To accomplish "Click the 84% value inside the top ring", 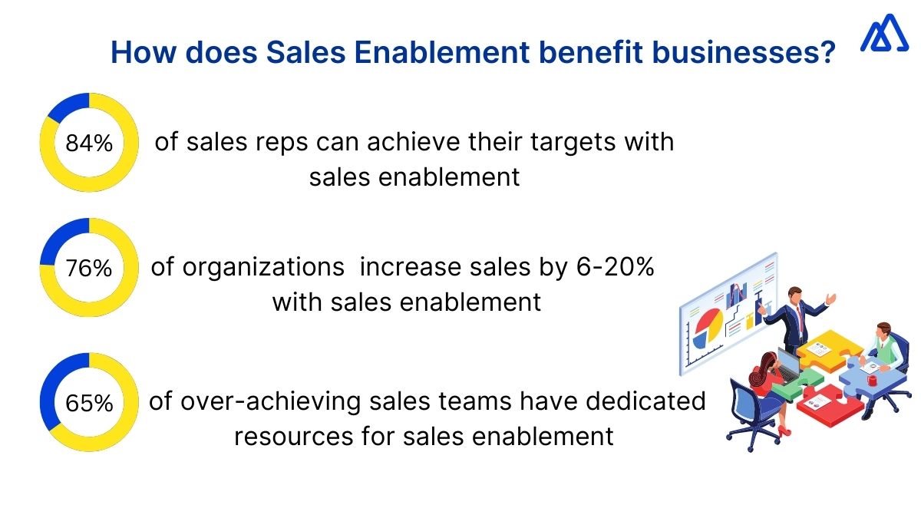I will click(89, 144).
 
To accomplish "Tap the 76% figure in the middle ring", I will click(89, 269).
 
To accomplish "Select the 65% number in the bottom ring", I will click(89, 403).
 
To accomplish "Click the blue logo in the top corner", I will click(883, 35).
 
